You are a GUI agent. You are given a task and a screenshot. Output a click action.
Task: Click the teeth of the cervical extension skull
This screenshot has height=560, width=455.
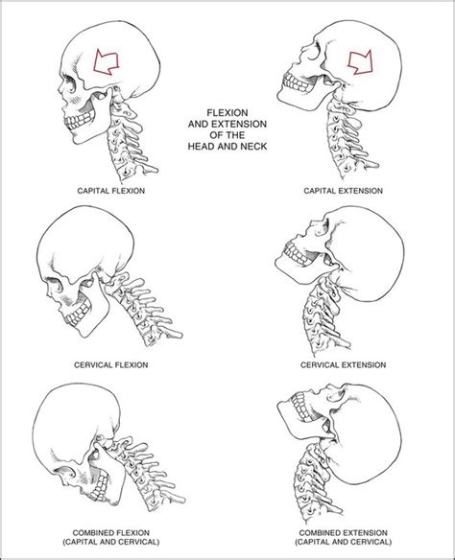[294, 255]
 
